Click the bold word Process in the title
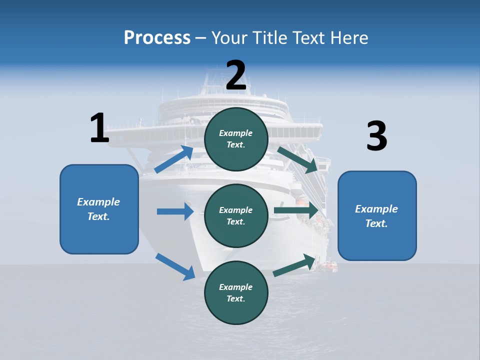click(157, 37)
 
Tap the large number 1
click(99, 127)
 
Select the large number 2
click(236, 75)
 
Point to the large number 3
click(376, 136)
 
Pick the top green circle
click(236, 139)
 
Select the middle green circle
click(236, 215)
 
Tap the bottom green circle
click(236, 292)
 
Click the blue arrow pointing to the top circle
click(174, 159)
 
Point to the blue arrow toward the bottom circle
click(175, 266)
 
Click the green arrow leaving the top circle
click(298, 159)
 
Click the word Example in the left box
click(98, 202)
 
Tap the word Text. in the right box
click(376, 223)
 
